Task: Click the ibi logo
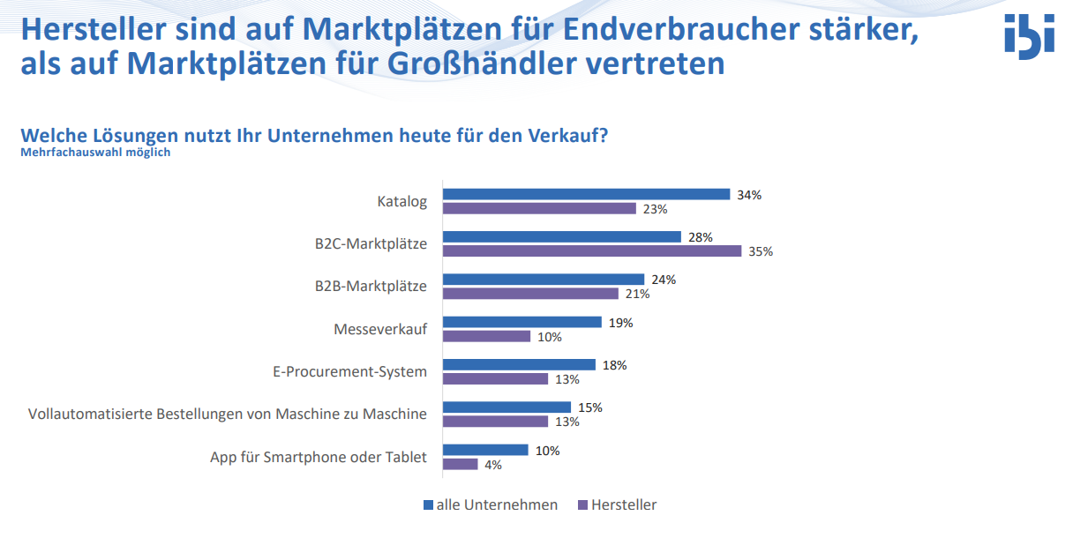tap(1029, 36)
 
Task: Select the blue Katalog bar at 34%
tap(586, 194)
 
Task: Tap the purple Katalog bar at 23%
tap(539, 208)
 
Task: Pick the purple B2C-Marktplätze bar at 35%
tap(592, 250)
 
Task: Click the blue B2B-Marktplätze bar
tap(544, 279)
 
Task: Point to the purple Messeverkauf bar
tap(487, 336)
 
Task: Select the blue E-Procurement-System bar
tap(519, 365)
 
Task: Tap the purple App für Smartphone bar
tap(461, 464)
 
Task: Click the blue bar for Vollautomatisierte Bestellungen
tap(506, 407)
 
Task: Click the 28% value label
tap(701, 237)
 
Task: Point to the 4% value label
tap(493, 465)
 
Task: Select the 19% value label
tap(621, 323)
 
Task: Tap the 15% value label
tap(590, 407)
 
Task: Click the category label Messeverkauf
tap(380, 329)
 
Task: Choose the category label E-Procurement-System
tap(349, 372)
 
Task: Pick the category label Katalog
tap(401, 201)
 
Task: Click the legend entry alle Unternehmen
tap(491, 504)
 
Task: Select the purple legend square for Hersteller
tap(583, 505)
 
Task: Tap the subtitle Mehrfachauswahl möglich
tap(95, 153)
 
